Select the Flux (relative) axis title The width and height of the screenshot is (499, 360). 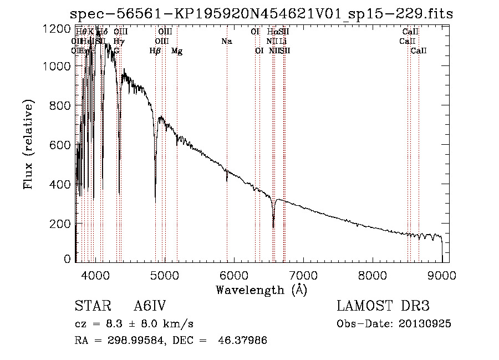[28, 144]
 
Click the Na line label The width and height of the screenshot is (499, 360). [226, 41]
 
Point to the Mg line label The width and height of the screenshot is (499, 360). [177, 51]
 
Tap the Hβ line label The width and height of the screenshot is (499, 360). [155, 51]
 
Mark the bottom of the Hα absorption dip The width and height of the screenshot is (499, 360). [273, 227]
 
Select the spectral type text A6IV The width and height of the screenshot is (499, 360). [150, 307]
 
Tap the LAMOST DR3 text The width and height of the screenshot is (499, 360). [383, 307]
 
